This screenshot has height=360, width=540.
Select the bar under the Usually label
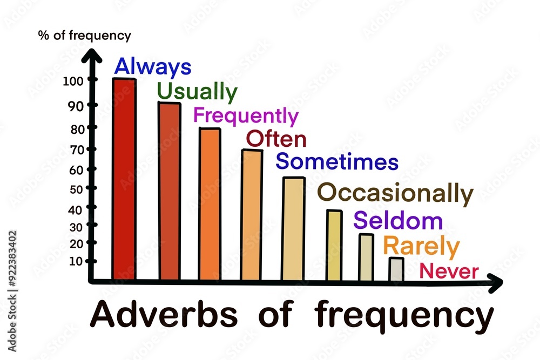169,191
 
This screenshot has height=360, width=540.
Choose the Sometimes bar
293,229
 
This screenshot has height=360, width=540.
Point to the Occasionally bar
334,245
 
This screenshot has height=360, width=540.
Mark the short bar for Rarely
396,269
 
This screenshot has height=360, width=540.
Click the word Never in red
449,271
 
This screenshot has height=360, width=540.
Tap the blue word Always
153,67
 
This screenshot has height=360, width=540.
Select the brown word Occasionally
395,193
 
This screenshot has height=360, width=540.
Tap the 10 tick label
76,261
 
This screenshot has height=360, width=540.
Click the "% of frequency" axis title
84,36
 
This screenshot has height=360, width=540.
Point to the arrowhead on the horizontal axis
495,282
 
